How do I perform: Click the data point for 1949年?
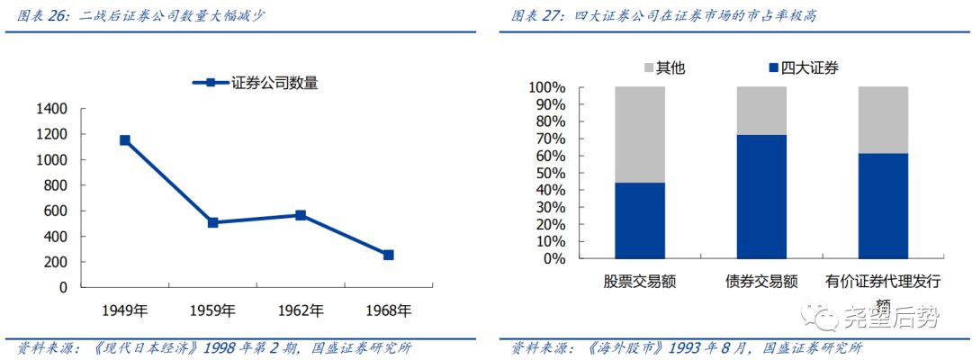[x=125, y=140]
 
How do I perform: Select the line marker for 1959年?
[x=213, y=222]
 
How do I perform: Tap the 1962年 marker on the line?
[x=301, y=215]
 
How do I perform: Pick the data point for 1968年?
[x=388, y=255]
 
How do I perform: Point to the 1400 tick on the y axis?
[x=51, y=109]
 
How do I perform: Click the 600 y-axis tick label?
[x=55, y=211]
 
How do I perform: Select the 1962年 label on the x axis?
[x=301, y=311]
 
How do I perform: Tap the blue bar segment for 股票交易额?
[x=640, y=220]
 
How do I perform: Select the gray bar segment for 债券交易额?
[x=761, y=111]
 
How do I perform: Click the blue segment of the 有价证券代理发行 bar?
[x=883, y=206]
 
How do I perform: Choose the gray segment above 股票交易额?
[x=640, y=134]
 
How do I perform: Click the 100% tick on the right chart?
[x=546, y=88]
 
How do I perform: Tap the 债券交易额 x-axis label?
[x=761, y=282]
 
